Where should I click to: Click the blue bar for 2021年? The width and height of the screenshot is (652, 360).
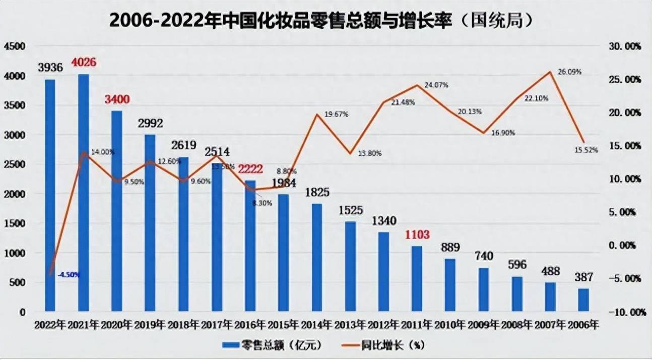click(x=83, y=192)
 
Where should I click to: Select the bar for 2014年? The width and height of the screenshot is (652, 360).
click(x=316, y=257)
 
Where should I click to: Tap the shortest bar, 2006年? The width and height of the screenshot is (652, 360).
click(x=583, y=299)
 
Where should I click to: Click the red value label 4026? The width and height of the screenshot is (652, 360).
click(x=84, y=63)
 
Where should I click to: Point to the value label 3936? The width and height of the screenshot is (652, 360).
click(x=50, y=68)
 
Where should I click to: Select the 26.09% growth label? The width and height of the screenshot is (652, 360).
click(x=569, y=72)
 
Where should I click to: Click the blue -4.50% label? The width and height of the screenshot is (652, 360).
click(x=69, y=275)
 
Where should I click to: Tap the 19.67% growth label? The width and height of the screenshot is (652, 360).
click(x=336, y=114)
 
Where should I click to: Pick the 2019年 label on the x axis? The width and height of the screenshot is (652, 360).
click(x=150, y=325)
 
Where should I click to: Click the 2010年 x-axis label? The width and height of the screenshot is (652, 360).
click(x=450, y=325)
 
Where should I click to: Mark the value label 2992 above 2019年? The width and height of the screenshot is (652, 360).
click(x=150, y=124)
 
